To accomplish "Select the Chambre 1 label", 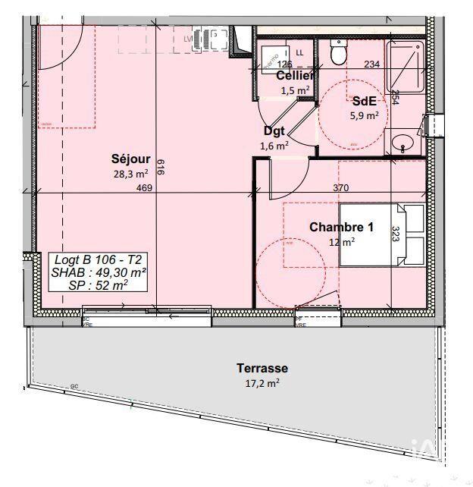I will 341,227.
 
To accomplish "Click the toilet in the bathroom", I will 339,52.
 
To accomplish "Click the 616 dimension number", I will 160,168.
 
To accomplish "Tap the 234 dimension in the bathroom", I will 371,65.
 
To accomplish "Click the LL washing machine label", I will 299,52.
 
